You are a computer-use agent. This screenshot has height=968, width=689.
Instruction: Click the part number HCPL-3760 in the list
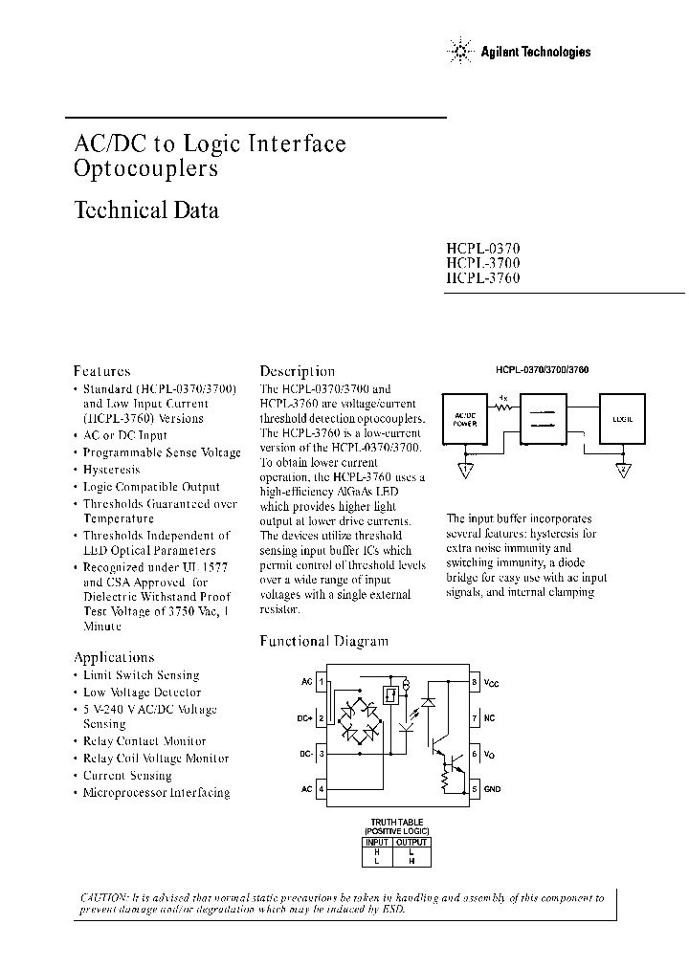(x=483, y=277)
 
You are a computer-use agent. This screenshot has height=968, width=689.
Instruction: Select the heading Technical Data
(x=146, y=209)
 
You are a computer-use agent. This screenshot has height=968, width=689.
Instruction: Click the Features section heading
(x=102, y=370)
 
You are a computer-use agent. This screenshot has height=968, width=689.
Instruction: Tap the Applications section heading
(x=114, y=657)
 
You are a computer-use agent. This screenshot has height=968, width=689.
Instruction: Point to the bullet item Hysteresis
(x=111, y=470)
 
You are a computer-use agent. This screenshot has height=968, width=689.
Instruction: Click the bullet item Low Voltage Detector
(x=142, y=692)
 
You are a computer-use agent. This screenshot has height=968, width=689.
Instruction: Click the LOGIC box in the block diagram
(x=621, y=417)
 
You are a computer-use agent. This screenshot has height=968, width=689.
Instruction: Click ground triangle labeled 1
(x=464, y=469)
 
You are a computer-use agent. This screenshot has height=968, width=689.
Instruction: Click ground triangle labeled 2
(x=622, y=469)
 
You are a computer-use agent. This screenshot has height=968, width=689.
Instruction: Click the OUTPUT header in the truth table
(x=414, y=842)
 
